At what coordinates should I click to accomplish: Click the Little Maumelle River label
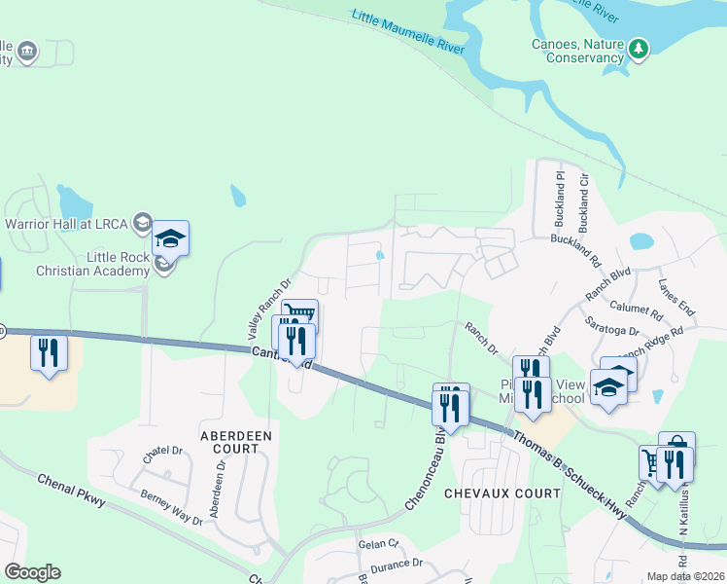point(408,32)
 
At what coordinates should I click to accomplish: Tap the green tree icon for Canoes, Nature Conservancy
point(638,48)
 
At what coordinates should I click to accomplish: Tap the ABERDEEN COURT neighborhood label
point(236,441)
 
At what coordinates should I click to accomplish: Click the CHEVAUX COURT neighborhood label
point(502,493)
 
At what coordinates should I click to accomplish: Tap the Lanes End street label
point(676,297)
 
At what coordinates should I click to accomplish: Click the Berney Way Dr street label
point(171,508)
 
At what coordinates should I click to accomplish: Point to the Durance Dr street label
point(396,564)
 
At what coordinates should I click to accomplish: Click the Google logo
point(32,572)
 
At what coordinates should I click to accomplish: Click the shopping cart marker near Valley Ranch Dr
point(300,315)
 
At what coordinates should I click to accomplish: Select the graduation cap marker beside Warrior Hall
point(170,237)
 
